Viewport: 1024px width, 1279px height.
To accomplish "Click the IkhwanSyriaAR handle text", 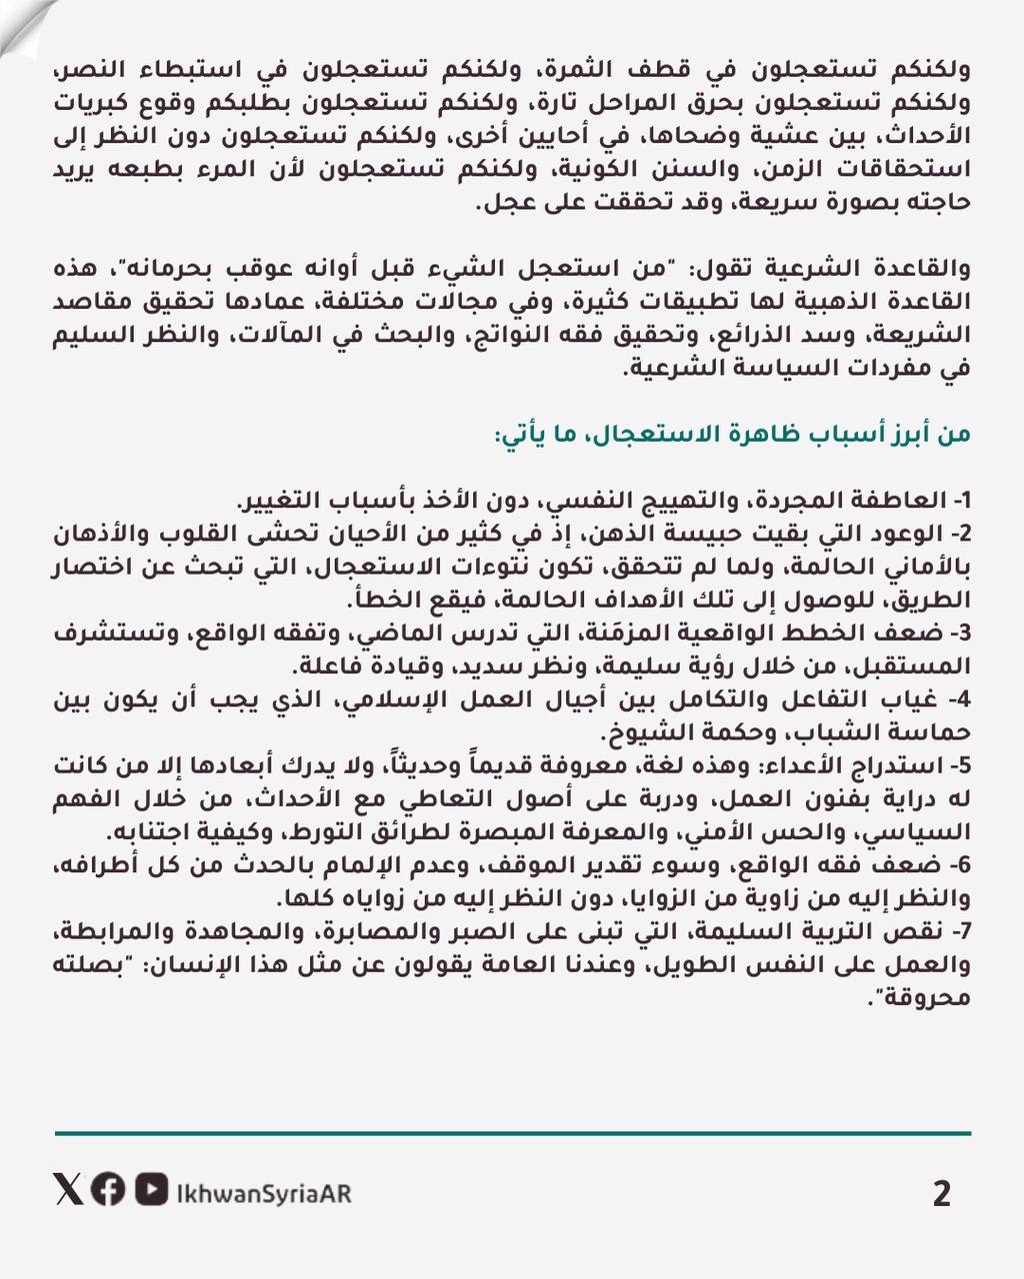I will click(263, 1193).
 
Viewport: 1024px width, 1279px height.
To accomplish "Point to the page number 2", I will click(941, 1193).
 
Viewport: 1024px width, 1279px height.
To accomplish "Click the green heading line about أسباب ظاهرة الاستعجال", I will click(731, 436).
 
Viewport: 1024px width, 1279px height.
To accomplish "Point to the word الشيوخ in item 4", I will click(645, 734).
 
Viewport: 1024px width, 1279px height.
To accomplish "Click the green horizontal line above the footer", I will click(512, 1133).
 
